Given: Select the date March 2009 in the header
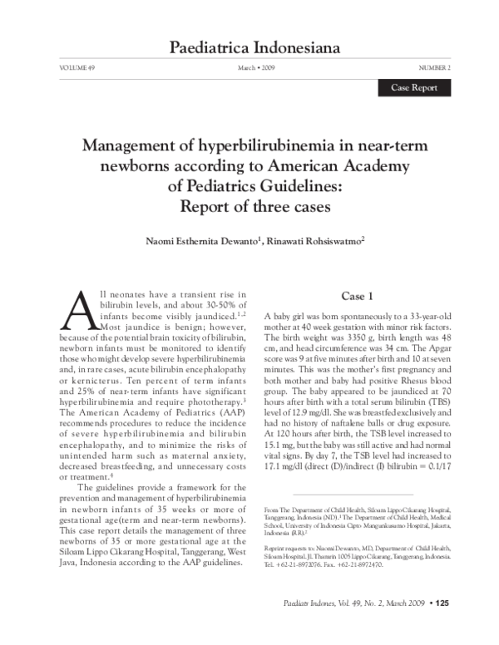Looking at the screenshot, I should click(x=256, y=66).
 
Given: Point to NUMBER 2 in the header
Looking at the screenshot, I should click(x=434, y=66).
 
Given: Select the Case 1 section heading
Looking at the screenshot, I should click(x=362, y=297).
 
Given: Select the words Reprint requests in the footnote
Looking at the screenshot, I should click(x=287, y=549).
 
